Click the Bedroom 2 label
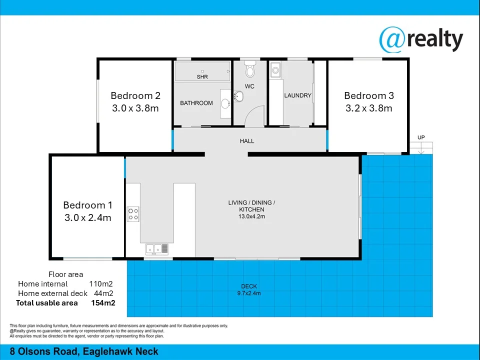[135, 95]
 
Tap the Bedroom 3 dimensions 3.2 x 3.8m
[368, 108]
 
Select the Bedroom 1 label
[87, 205]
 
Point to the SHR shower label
[202, 77]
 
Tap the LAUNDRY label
[297, 95]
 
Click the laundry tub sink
[275, 71]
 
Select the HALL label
[247, 141]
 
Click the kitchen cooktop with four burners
[133, 214]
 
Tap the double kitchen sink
[157, 248]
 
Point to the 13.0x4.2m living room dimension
[251, 216]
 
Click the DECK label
[248, 286]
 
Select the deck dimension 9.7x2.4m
[248, 293]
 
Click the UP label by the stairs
[421, 137]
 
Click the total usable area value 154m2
[103, 303]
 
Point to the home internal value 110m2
[100, 284]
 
